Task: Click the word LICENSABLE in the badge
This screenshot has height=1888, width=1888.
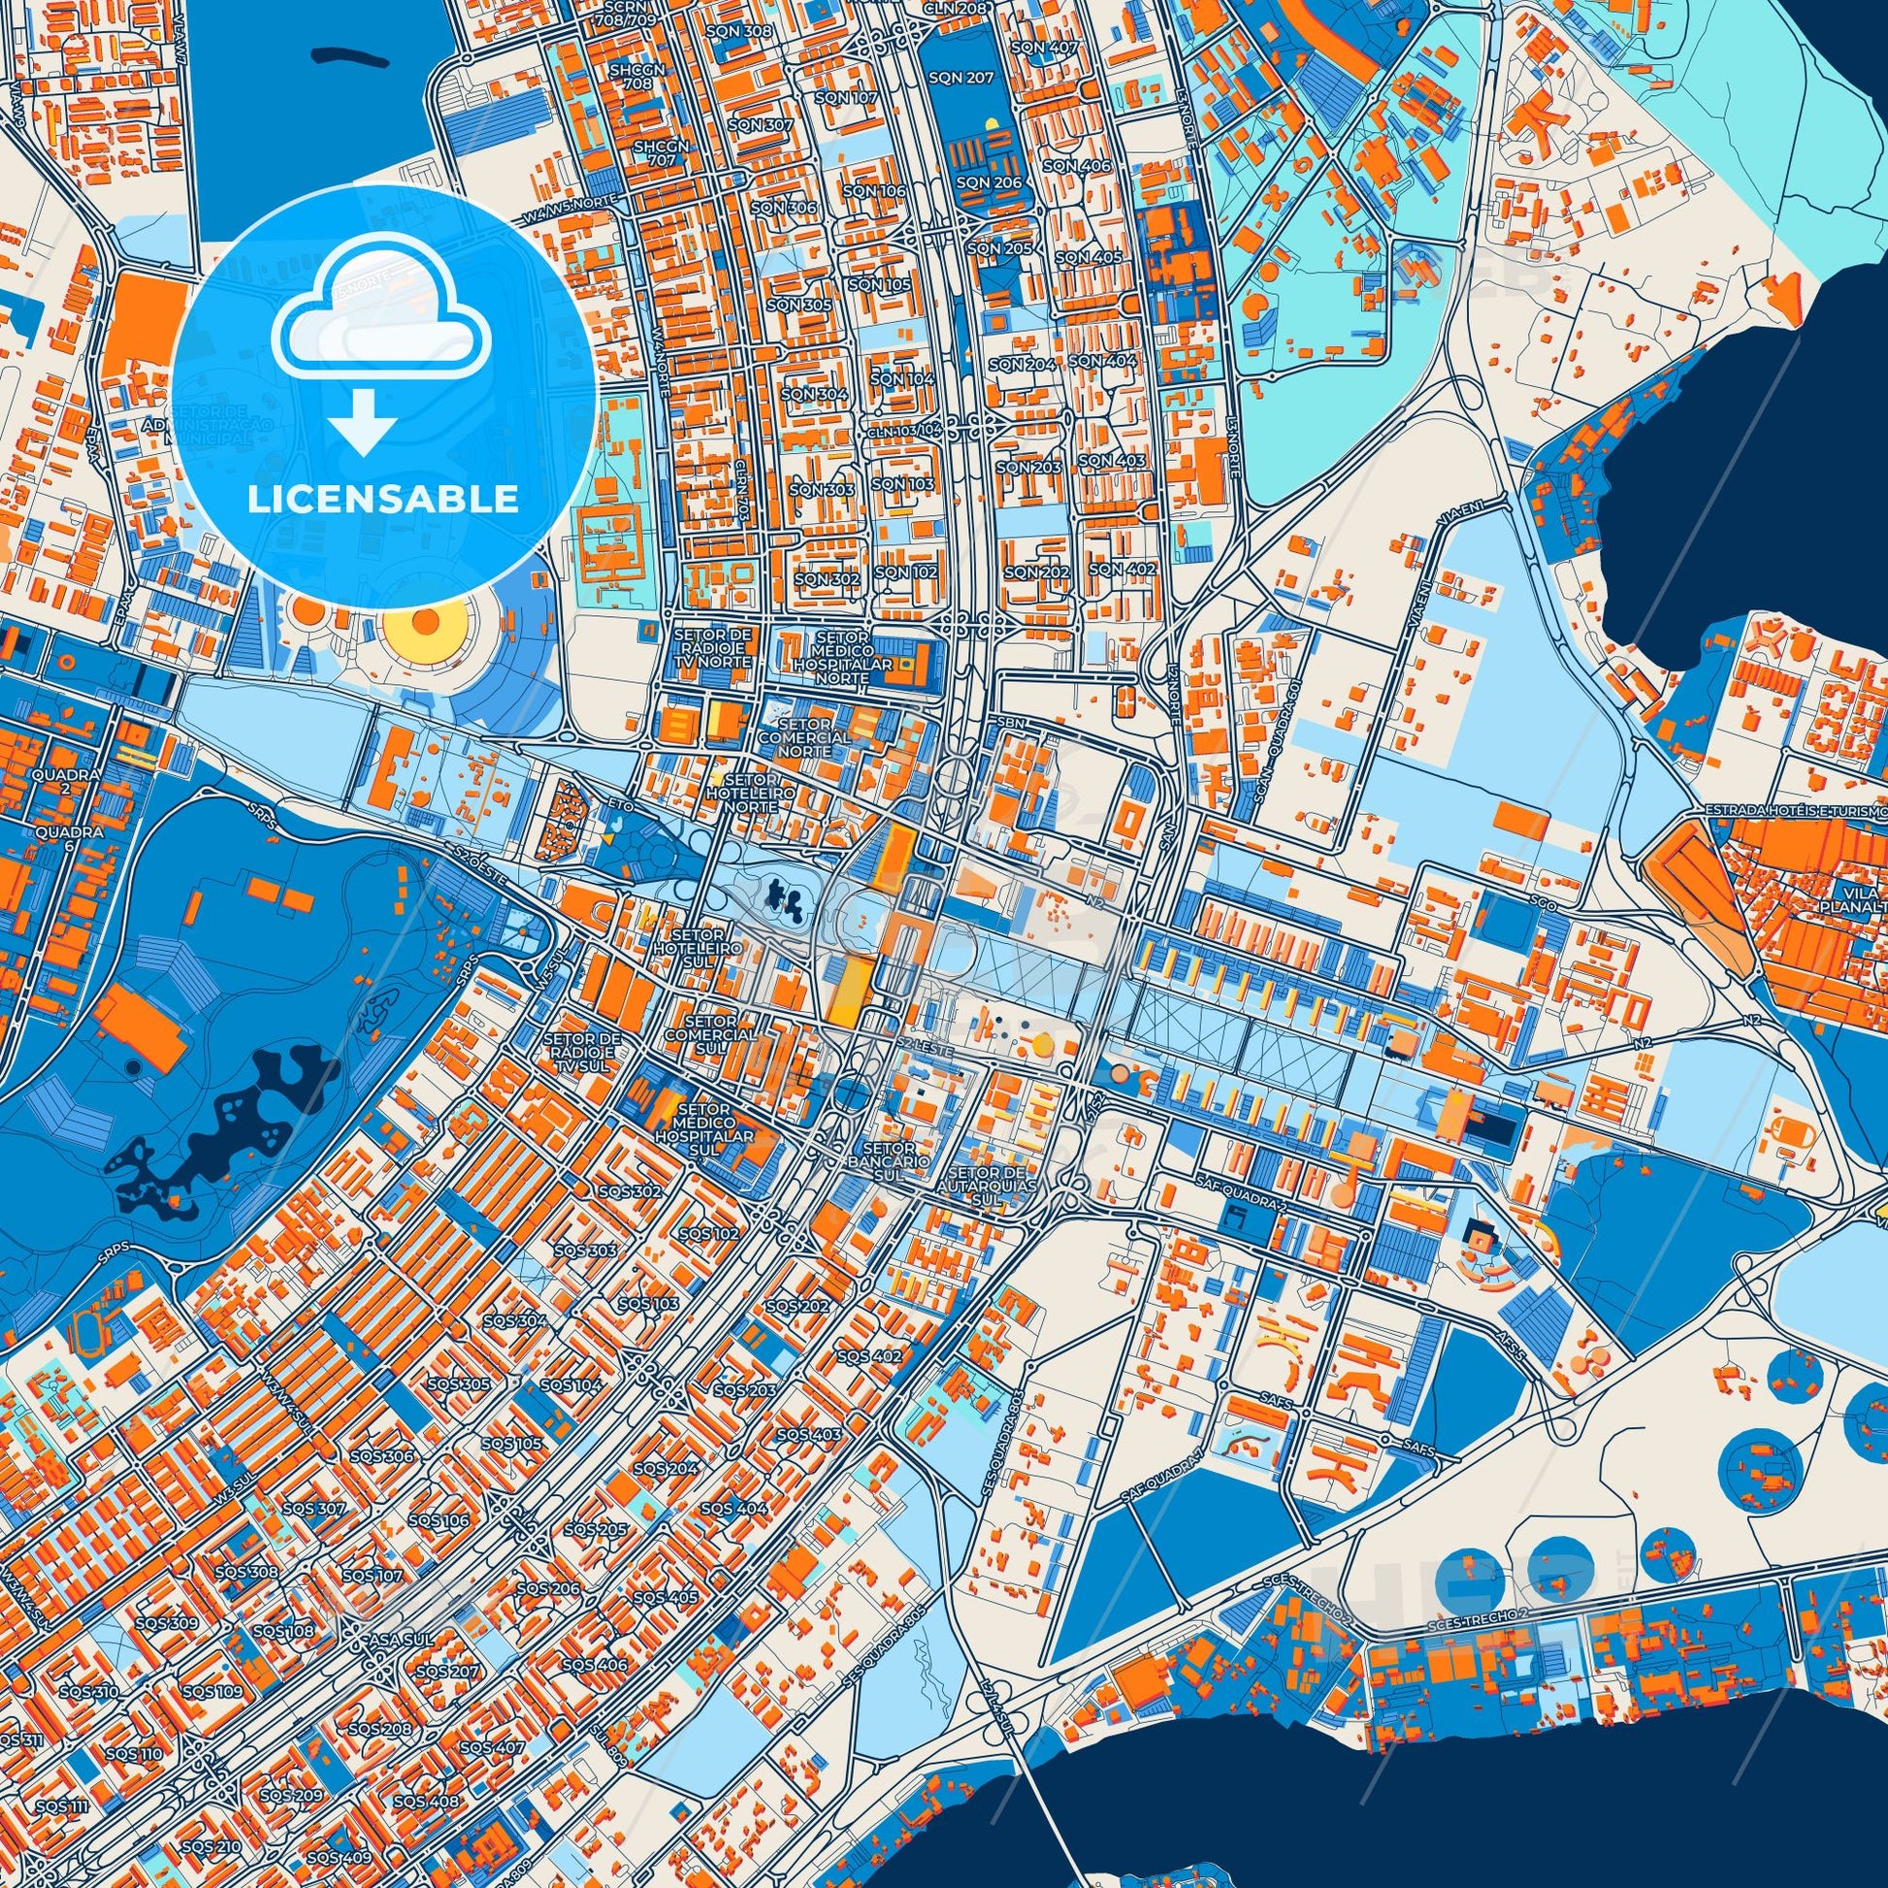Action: (x=382, y=499)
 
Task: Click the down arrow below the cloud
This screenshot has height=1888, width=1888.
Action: (x=363, y=422)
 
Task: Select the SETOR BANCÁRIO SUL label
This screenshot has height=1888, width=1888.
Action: (x=889, y=1162)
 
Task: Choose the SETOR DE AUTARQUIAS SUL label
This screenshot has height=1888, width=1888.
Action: (x=987, y=1186)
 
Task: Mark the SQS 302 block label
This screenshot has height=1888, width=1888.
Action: (x=632, y=1191)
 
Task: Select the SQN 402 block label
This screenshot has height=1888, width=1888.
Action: (x=1122, y=569)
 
